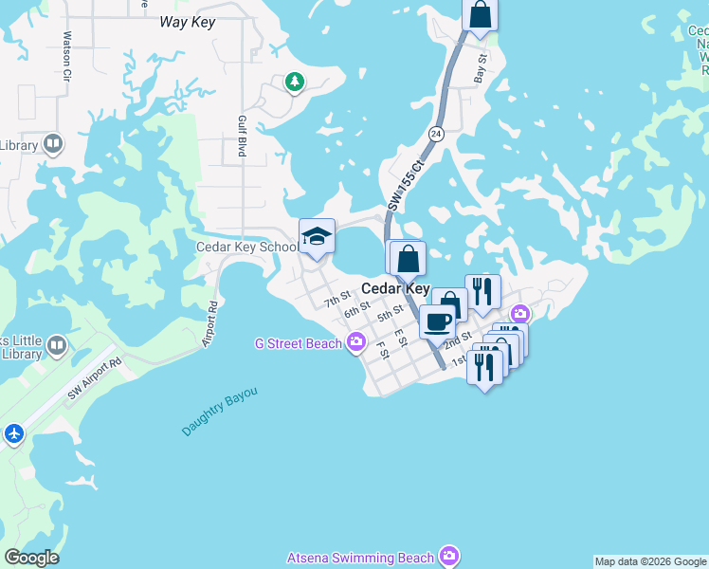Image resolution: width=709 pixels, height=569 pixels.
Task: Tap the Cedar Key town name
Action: coord(396,288)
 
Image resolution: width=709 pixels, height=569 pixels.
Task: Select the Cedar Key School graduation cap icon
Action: coord(317,237)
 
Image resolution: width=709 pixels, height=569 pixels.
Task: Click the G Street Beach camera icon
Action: coord(356,343)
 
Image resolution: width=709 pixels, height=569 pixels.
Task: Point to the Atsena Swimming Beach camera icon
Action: coord(449,557)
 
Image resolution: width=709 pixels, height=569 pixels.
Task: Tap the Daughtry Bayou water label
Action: coord(220,412)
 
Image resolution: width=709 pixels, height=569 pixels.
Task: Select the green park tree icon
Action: coord(295,83)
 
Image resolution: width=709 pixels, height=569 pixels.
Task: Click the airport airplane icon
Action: coord(13,433)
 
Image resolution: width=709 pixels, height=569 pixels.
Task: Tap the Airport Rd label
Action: coord(212,324)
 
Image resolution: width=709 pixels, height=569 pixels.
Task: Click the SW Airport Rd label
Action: coord(95,377)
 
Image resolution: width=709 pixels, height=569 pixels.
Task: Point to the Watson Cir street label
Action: coord(67,55)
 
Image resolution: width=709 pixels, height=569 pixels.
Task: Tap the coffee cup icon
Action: coord(437,322)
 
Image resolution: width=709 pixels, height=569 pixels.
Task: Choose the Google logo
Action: coord(31,558)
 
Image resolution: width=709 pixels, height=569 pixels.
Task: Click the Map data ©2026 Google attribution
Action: coord(650,561)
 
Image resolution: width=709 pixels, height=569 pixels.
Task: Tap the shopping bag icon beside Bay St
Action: coord(481,15)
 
